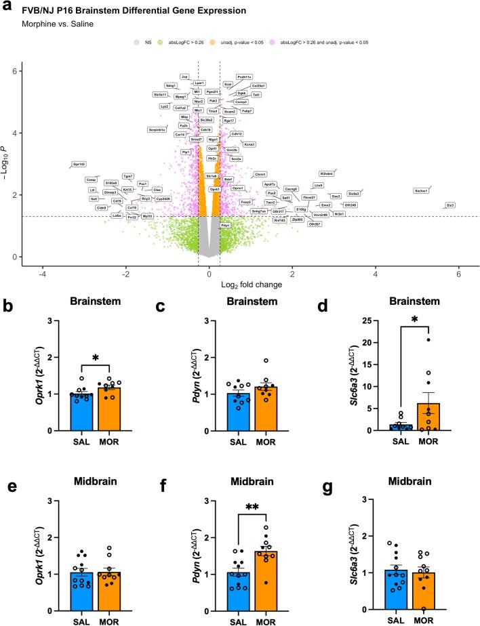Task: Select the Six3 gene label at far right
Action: (450, 205)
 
